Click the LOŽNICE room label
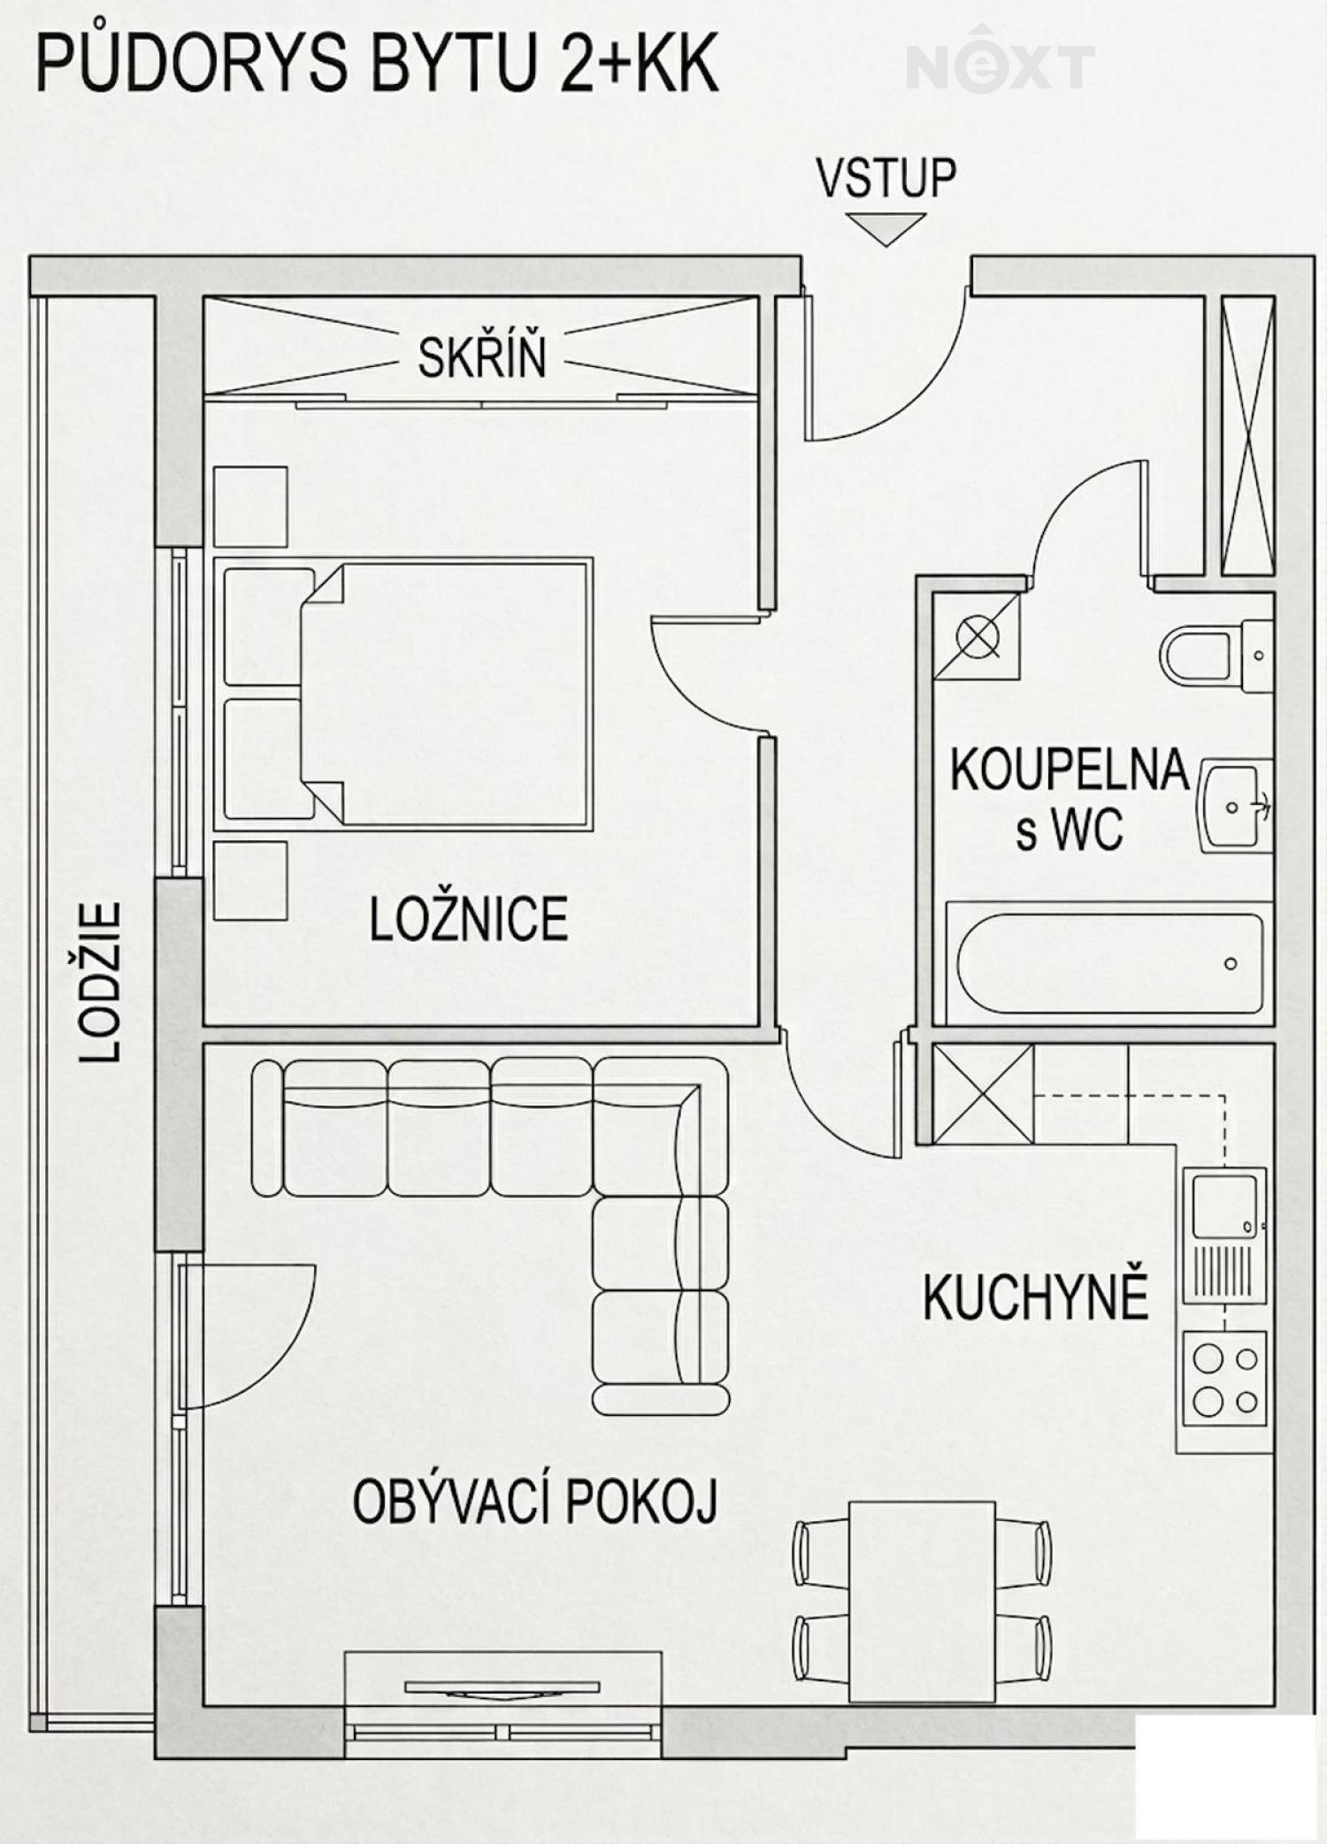click(x=468, y=920)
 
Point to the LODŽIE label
click(x=100, y=982)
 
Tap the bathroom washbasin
click(x=1236, y=805)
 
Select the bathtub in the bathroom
click(x=1109, y=963)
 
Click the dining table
click(x=922, y=1601)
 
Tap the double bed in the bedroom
click(x=403, y=693)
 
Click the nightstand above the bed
click(x=250, y=507)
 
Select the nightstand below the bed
click(x=250, y=881)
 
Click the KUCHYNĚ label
click(x=1035, y=1297)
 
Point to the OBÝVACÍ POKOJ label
click(x=534, y=1503)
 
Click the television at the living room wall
click(x=502, y=1688)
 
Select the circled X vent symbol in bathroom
click(x=978, y=637)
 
